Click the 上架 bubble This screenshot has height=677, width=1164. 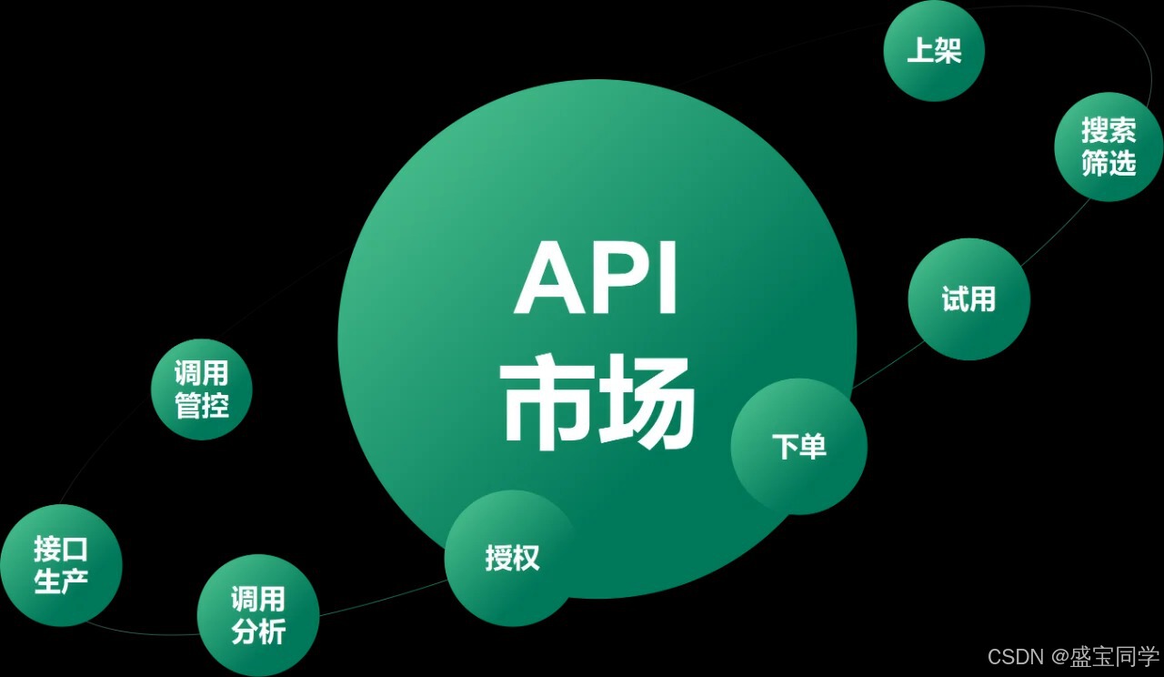point(934,51)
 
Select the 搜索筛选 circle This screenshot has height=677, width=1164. point(1109,147)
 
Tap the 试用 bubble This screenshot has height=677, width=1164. point(968,299)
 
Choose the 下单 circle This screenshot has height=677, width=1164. point(799,446)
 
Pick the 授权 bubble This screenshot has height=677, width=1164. point(512,558)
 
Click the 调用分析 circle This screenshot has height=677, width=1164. point(258,615)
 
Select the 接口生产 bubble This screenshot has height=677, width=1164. point(61,565)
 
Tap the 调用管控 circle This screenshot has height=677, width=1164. point(201,389)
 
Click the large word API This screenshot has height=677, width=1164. point(597,278)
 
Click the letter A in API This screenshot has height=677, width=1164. point(549,278)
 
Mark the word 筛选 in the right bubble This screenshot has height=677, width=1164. point(1109,164)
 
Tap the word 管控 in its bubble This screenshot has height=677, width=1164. point(201,406)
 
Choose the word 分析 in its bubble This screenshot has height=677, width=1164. point(258,632)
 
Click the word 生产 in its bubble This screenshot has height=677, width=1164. point(61,581)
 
